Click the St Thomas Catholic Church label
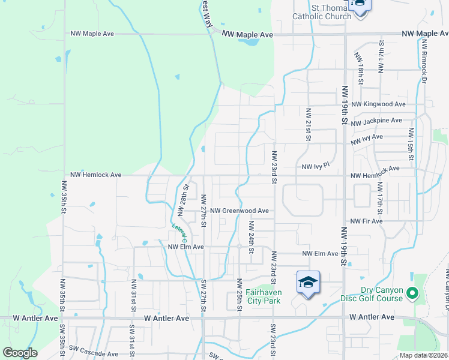pyautogui.click(x=321, y=12)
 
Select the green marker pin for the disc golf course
pyautogui.click(x=412, y=294)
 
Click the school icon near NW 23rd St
pyautogui.click(x=308, y=283)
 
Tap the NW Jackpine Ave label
pyautogui.click(x=376, y=121)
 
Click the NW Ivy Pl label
pyautogui.click(x=316, y=166)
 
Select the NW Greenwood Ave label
pyautogui.click(x=239, y=211)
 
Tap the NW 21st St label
pyautogui.click(x=308, y=125)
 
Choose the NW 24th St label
pyautogui.click(x=251, y=236)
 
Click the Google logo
pyautogui.click(x=20, y=353)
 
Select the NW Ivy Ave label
pyautogui.click(x=367, y=137)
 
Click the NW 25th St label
pyautogui.click(x=239, y=294)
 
